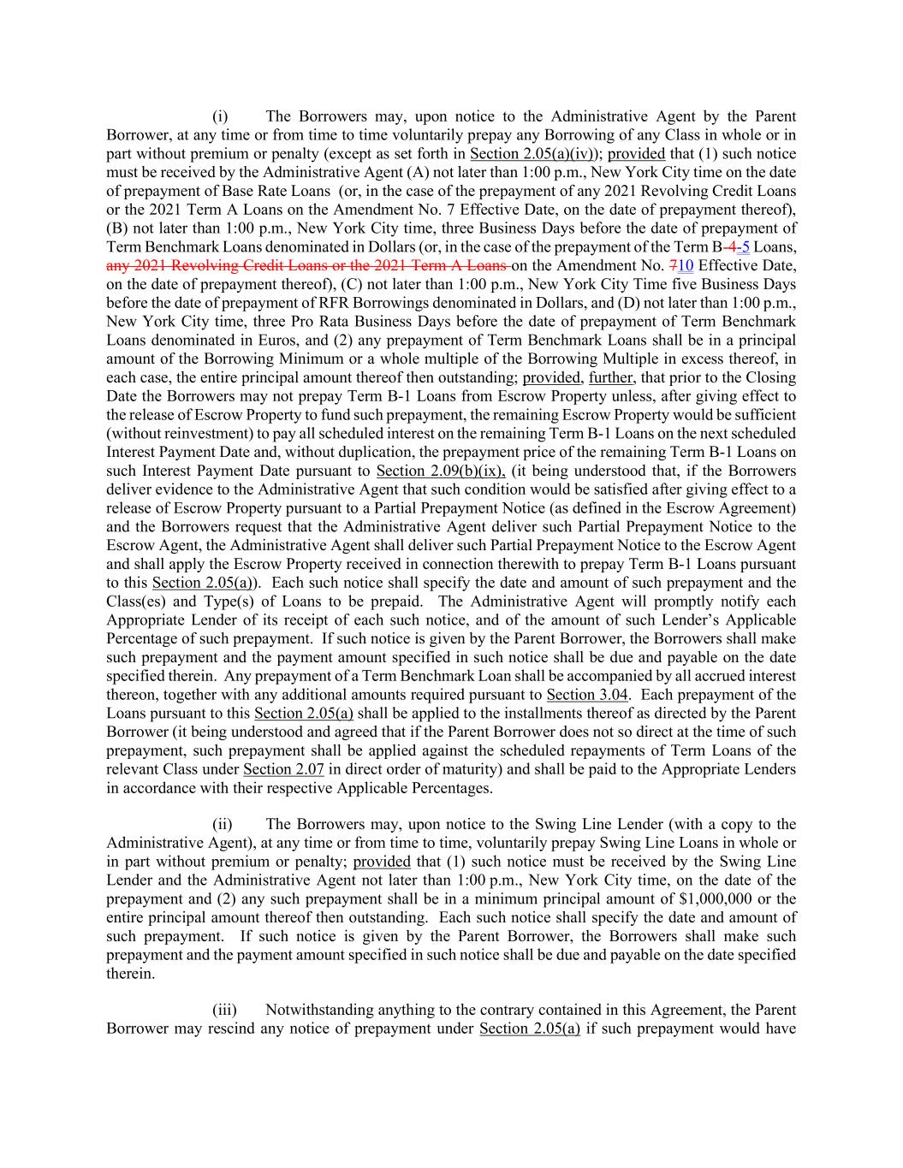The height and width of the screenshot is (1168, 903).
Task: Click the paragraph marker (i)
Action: (220, 116)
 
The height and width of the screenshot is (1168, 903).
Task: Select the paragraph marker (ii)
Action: (222, 824)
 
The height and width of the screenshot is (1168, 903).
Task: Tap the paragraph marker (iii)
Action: (223, 1010)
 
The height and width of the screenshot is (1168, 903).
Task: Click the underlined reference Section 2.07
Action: (283, 768)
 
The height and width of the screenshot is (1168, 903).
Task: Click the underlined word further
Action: (610, 377)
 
